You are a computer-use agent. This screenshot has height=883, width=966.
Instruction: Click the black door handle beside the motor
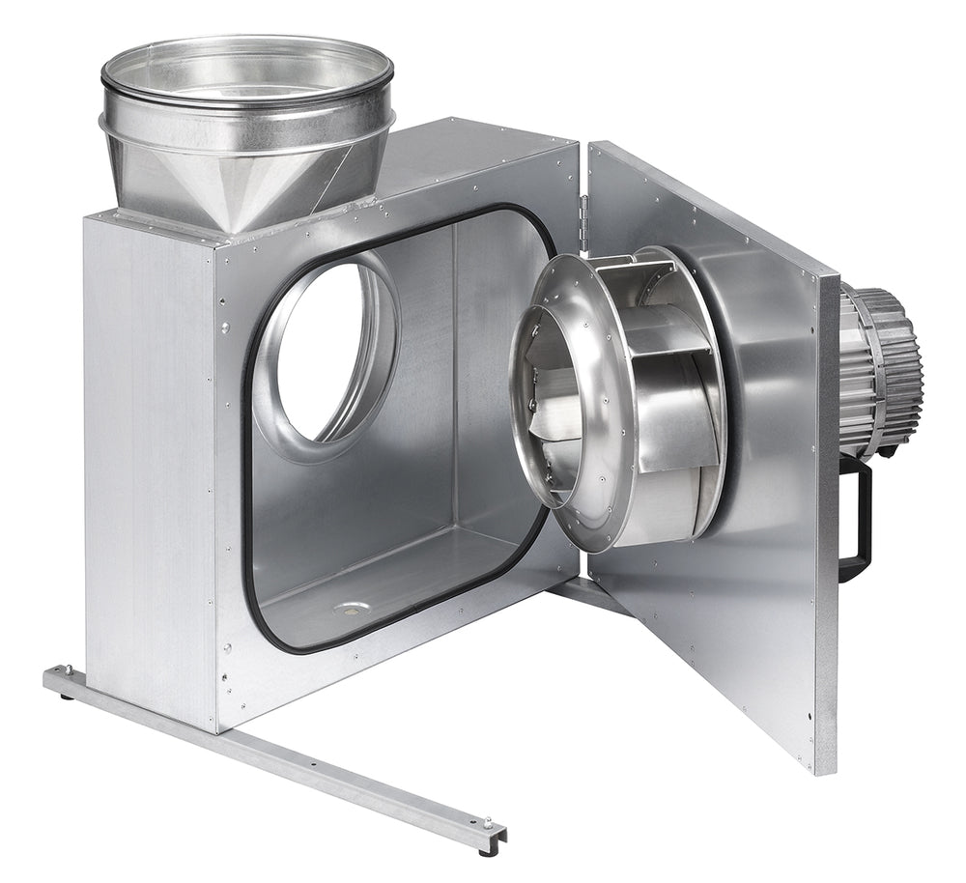tap(858, 523)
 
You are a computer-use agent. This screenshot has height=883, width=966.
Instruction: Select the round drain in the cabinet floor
tap(351, 610)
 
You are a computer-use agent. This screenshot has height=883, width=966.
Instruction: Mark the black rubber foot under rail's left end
tap(66, 694)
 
